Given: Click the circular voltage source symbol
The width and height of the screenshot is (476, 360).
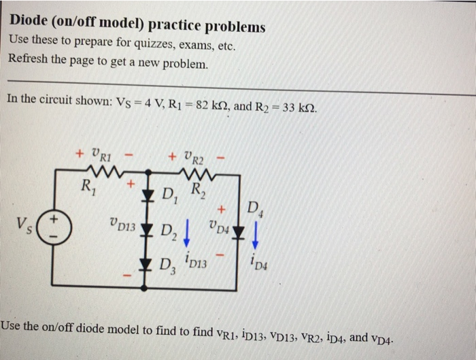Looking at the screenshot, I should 56,225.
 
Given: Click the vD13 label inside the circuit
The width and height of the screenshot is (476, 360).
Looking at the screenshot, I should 122,223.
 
